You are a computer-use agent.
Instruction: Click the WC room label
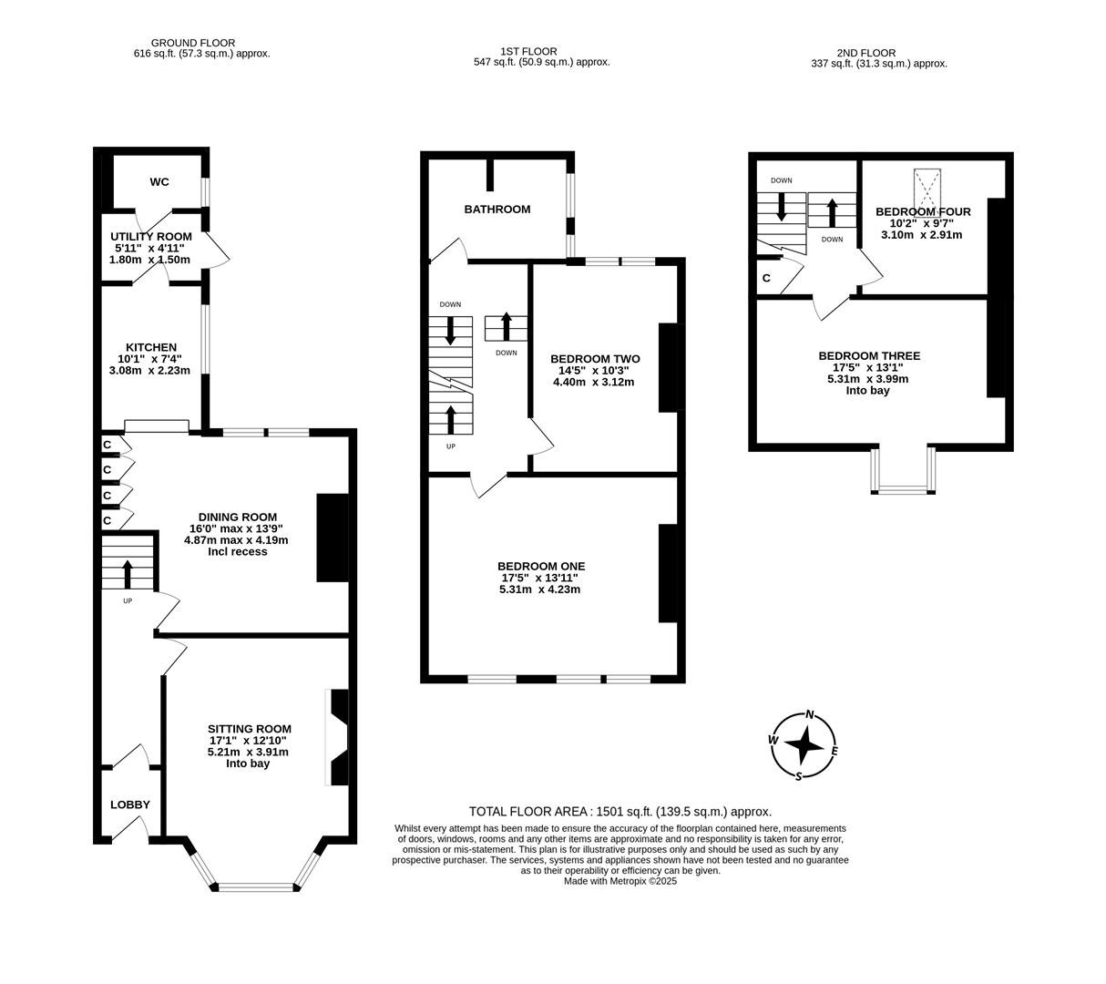[x=159, y=182]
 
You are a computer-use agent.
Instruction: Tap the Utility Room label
[x=151, y=237]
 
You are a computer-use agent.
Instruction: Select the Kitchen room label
[x=151, y=347]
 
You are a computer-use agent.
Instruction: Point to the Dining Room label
[x=237, y=518]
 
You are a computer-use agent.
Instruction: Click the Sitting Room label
[x=249, y=729]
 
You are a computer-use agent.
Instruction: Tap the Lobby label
[x=130, y=805]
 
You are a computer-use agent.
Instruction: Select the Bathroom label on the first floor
[x=497, y=210]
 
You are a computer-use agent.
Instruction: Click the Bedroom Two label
[x=595, y=359]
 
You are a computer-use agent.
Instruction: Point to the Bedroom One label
[x=541, y=567]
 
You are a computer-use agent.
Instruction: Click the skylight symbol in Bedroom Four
[x=927, y=190]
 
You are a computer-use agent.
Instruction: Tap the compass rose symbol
[x=804, y=746]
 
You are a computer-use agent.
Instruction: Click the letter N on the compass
[x=809, y=715]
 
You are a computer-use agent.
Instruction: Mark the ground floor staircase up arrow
[x=127, y=574]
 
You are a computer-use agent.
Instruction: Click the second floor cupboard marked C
[x=766, y=278]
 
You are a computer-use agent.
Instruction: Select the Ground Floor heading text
[x=193, y=43]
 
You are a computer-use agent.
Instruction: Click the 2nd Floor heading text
[x=865, y=53]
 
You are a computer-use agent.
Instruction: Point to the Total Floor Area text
[x=620, y=811]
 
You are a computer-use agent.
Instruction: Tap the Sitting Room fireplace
[x=338, y=737]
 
